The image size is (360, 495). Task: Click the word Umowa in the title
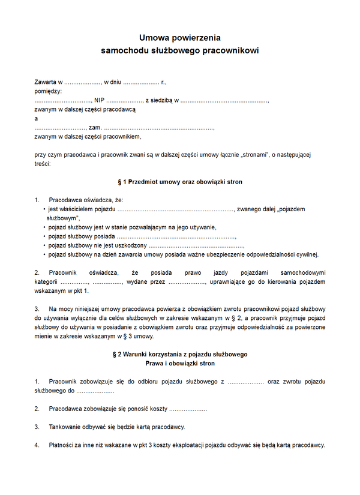tap(154, 38)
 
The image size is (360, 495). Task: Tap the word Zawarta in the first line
tap(46, 82)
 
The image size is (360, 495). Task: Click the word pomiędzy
tap(48, 91)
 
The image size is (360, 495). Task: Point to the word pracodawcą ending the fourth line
tap(120, 109)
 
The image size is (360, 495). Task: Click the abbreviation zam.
tap(94, 128)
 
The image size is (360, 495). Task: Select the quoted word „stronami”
tap(254, 155)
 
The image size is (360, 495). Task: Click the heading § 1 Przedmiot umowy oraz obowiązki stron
tap(180, 181)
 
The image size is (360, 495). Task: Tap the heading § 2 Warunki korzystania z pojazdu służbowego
tap(180, 355)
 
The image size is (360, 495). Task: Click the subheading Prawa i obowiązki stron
tap(180, 364)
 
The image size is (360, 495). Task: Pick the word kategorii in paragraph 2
tap(46, 281)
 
